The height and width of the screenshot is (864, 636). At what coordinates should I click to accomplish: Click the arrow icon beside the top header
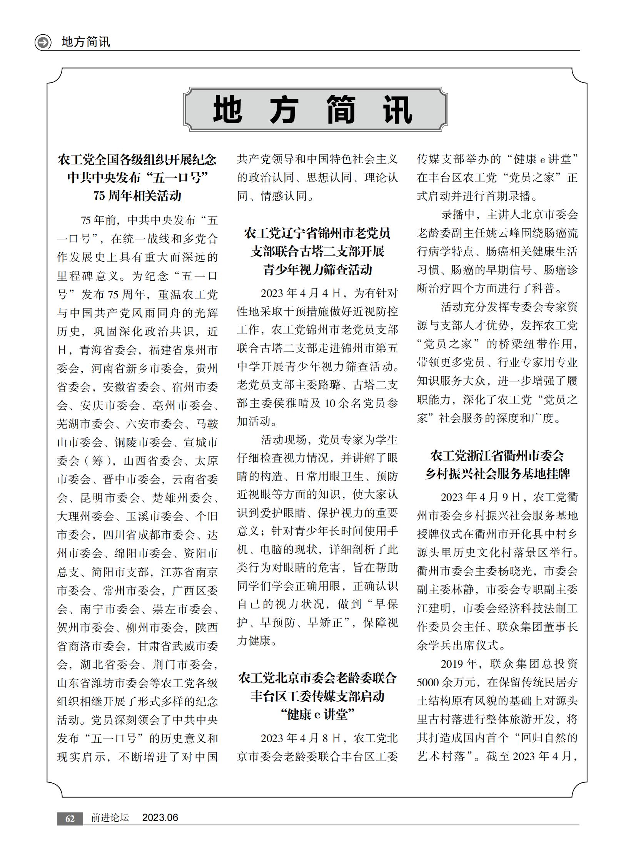coord(43,42)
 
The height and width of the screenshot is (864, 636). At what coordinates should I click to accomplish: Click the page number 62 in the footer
coord(70,818)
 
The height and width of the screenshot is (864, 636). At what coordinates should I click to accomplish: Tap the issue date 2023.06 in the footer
coord(160,818)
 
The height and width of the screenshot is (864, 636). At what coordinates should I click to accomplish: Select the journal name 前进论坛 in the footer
coord(110,818)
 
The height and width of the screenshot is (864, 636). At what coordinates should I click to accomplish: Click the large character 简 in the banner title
coord(341,110)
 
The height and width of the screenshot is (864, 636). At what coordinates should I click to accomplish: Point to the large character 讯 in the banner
coord(398,110)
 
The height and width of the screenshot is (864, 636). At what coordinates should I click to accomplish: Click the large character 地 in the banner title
coord(227,110)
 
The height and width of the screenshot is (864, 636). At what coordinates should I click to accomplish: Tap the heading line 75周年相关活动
coord(137,196)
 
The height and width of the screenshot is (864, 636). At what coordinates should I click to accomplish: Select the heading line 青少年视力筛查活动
coord(317,270)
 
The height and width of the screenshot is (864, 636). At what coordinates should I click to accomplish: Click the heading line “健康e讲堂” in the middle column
coord(317,715)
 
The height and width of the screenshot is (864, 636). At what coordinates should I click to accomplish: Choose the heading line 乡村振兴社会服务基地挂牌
coord(497,474)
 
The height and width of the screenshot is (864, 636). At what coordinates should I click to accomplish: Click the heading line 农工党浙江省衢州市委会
coord(497,455)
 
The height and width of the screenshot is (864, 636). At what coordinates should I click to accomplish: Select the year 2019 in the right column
coord(453,664)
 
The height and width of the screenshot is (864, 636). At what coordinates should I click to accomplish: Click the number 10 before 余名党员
coord(330,403)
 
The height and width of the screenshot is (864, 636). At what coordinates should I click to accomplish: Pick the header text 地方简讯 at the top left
coord(85,42)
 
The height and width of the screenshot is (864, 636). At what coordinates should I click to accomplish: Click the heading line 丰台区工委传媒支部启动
coord(317,696)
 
